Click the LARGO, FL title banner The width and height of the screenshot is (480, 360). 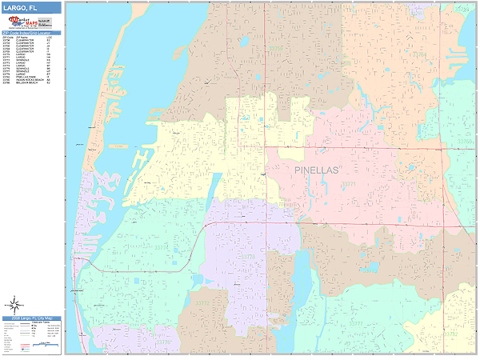point(31,7)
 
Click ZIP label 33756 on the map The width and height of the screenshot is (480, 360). point(276,49)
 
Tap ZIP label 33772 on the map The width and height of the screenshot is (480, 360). point(203,304)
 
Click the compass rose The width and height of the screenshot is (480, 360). point(14,303)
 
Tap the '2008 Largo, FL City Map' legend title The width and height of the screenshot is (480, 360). point(31,318)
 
